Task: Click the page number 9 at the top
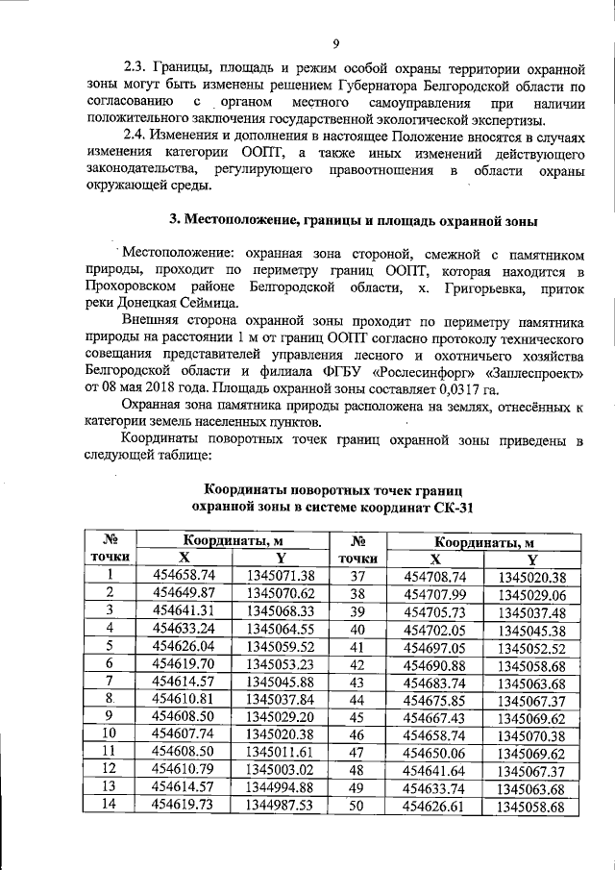tap(336, 42)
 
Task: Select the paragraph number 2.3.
tap(137, 69)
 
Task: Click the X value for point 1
tap(185, 575)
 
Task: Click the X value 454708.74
tap(435, 576)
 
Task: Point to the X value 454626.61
tap(435, 805)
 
